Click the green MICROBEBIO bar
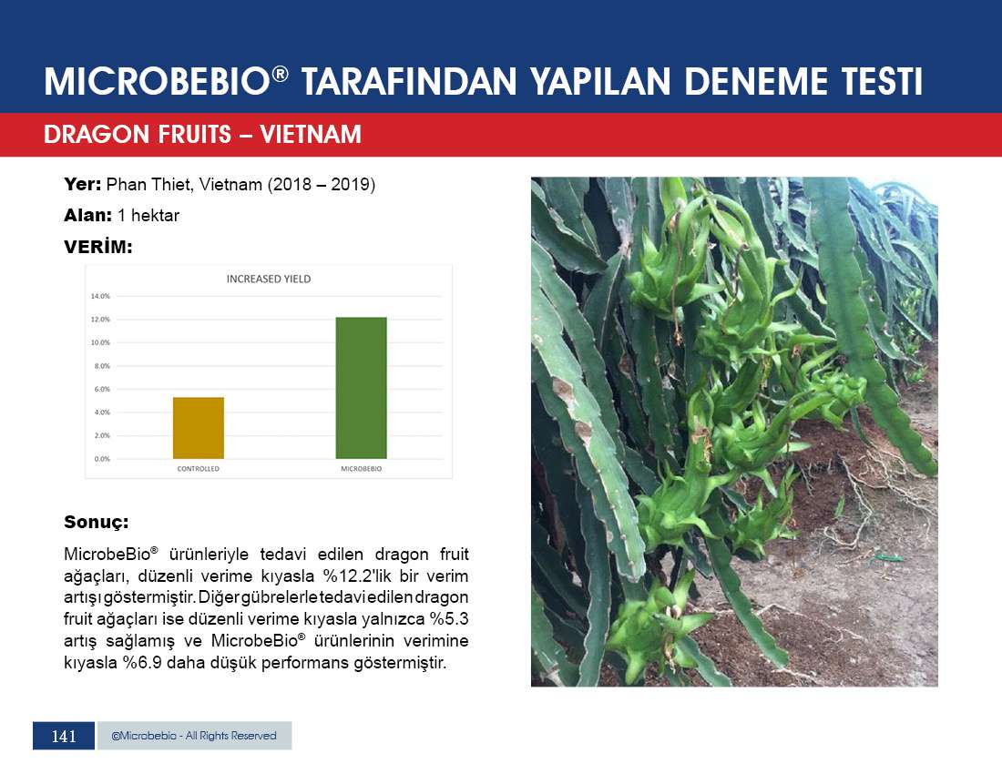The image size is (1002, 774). point(361,388)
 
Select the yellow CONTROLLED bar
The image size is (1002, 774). point(198,428)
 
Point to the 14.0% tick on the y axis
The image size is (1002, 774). point(100,296)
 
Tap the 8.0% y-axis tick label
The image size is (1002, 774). point(102,366)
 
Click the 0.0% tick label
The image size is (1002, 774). point(102,459)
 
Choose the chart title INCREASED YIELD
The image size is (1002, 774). point(269,279)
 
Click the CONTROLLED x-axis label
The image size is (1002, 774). point(198,469)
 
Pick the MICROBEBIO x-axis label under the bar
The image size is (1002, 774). point(361,469)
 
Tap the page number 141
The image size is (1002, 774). point(64,737)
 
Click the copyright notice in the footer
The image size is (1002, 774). point(194,736)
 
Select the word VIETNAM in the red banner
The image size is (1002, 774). point(311,135)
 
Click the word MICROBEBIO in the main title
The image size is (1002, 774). point(158,82)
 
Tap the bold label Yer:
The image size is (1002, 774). point(82,185)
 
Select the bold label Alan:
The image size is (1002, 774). point(87,215)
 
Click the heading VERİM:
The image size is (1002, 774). point(97,247)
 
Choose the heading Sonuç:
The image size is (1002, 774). point(96,523)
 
